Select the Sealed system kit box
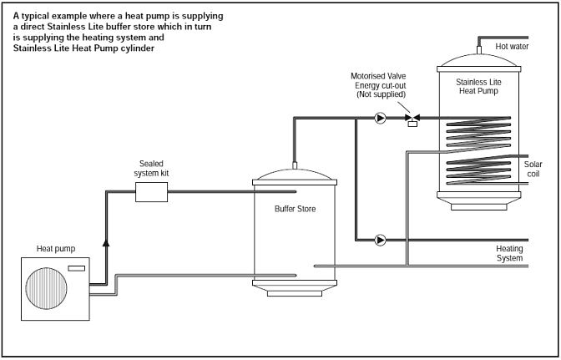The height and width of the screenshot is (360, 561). (151, 192)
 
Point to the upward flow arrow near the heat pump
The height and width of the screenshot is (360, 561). (106, 242)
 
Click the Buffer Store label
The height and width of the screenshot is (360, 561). (296, 209)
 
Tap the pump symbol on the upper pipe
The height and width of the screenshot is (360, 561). (380, 119)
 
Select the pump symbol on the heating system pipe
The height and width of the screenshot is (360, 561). (380, 240)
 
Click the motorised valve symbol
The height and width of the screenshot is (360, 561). (412, 119)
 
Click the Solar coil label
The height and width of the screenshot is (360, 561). (533, 169)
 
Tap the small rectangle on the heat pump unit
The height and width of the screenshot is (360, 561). (76, 268)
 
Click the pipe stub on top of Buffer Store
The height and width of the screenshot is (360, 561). (295, 165)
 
